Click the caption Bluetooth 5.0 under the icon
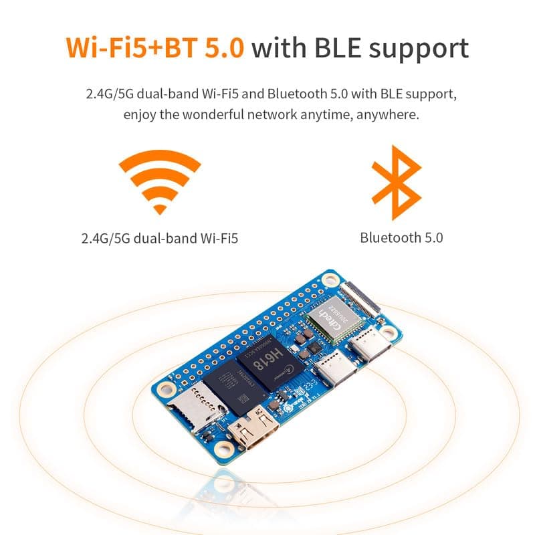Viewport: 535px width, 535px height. [401, 237]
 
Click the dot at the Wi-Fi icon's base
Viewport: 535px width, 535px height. [159, 208]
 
